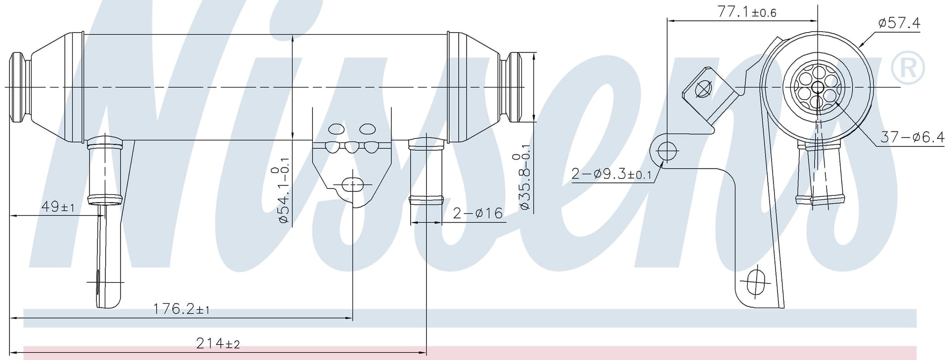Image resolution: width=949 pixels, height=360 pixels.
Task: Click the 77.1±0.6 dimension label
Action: pos(747,12)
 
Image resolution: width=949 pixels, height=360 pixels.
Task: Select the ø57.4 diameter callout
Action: pos(899,23)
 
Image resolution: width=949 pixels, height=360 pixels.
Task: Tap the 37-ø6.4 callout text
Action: pos(912,137)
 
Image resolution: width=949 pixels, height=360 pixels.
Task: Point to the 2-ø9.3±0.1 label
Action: pos(611,174)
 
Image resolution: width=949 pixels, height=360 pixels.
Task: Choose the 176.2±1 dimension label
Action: pos(181,310)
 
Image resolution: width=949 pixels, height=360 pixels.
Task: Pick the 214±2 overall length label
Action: pos(218,343)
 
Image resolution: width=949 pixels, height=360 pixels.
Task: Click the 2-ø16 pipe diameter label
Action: pos(477,213)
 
